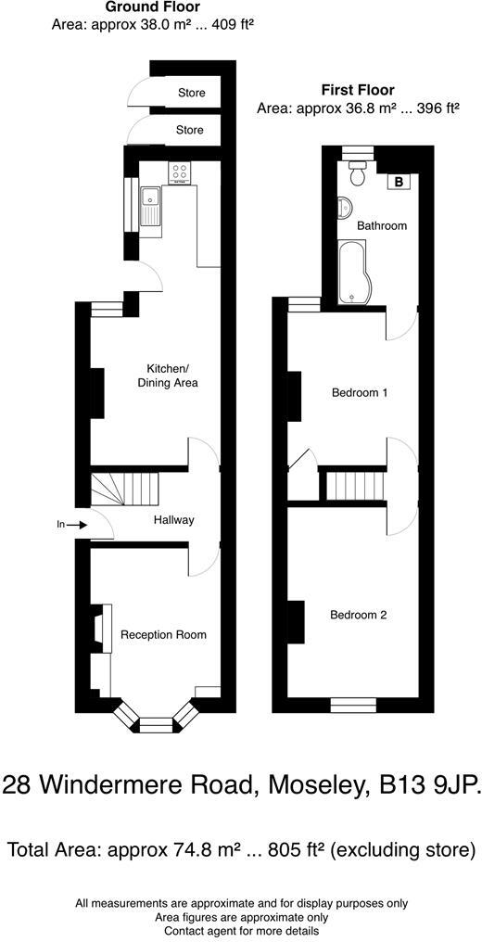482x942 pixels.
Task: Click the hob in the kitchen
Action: pos(180,172)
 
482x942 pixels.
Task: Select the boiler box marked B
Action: pos(399,182)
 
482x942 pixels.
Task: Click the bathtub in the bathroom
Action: pos(351,273)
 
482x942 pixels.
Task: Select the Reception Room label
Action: pos(163,635)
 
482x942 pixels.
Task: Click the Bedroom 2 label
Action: pos(359,615)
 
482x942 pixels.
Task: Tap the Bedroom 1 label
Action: pos(359,393)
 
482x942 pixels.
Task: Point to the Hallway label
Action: pos(173,520)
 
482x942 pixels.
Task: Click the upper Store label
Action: pos(191,93)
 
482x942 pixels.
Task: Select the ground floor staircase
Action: pos(124,489)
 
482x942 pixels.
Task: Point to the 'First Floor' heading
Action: pos(358,90)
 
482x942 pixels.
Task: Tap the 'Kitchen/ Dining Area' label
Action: pos(168,375)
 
